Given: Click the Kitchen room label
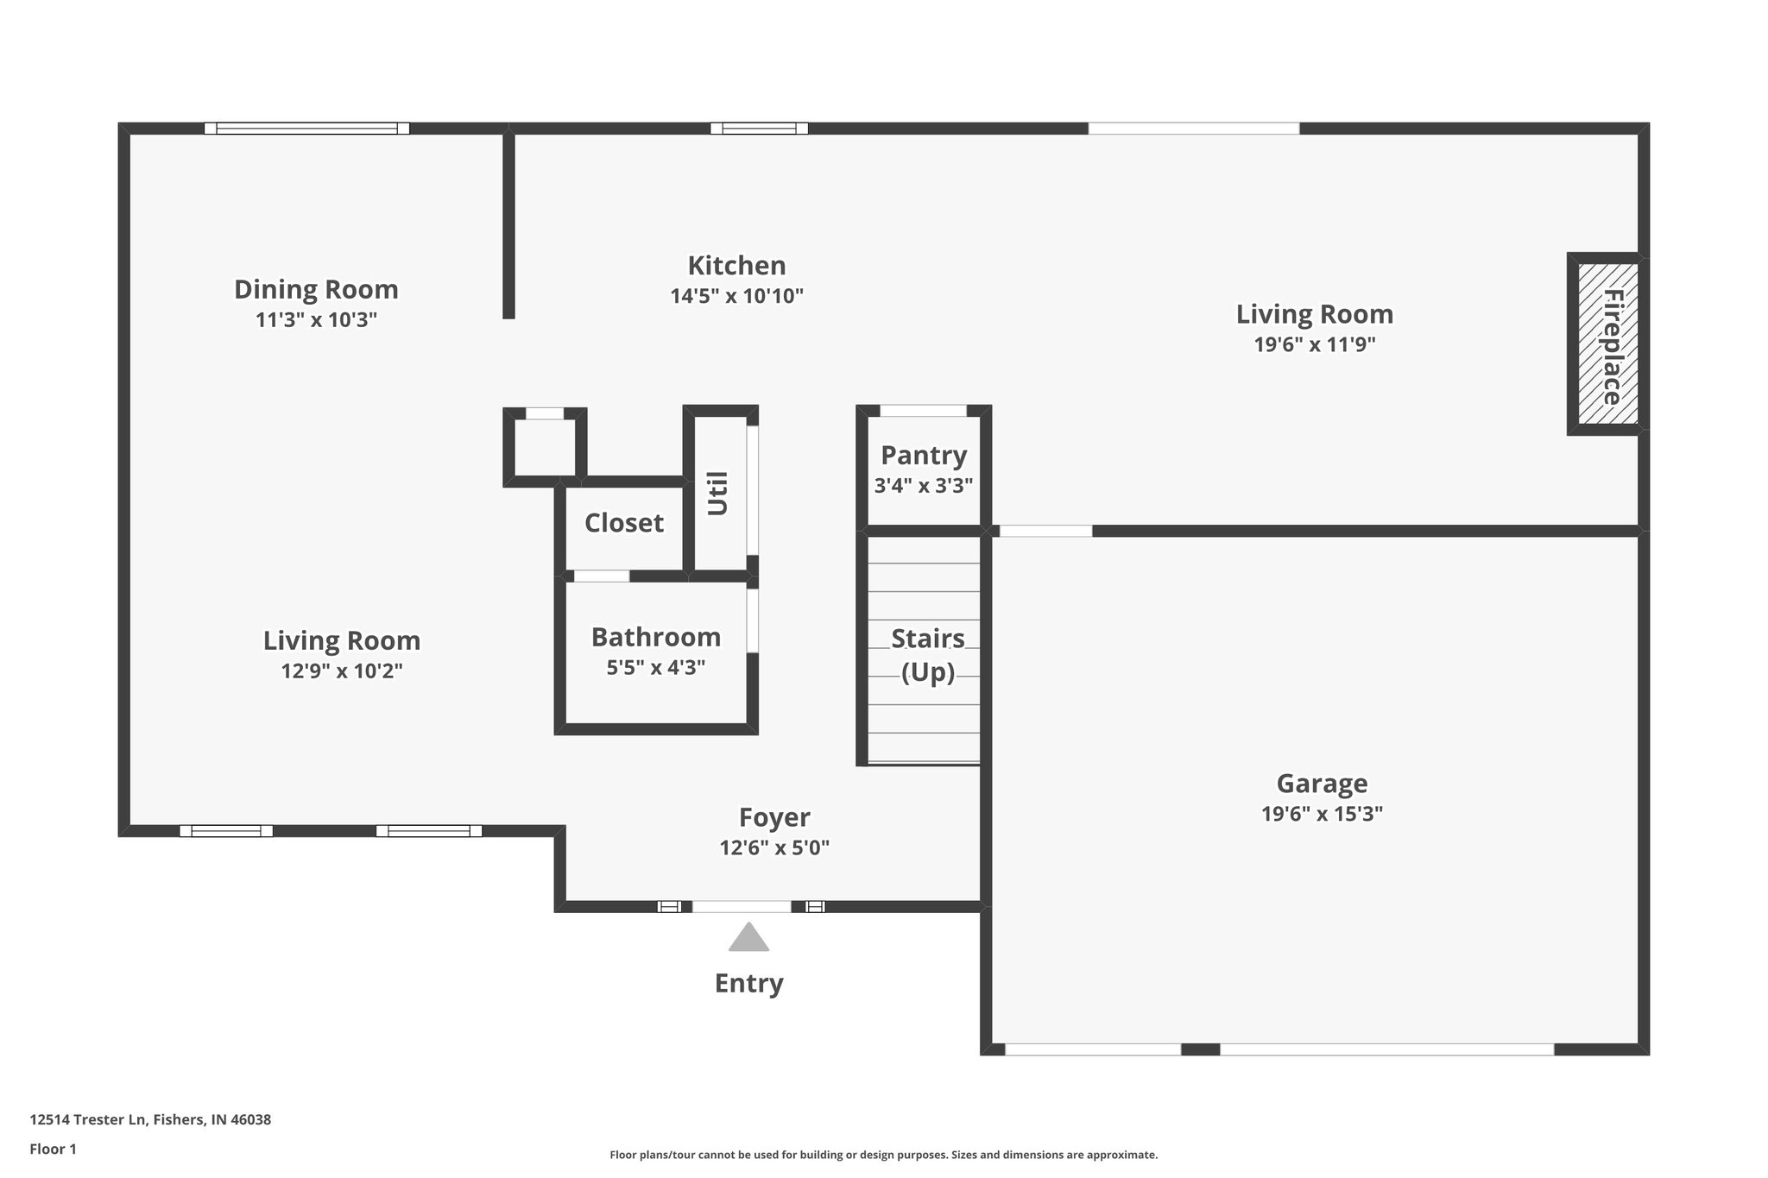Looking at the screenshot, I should [x=736, y=265].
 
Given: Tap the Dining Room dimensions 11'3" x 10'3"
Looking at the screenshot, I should [x=316, y=320].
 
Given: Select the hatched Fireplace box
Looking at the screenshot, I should [x=1607, y=344].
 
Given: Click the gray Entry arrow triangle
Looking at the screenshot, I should [x=748, y=938].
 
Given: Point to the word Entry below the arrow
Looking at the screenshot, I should [x=748, y=983].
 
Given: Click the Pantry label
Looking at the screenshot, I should [x=923, y=455].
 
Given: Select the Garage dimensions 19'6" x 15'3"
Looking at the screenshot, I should [x=1322, y=814].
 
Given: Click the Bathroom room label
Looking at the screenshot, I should [x=655, y=637].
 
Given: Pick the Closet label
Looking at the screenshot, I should [x=623, y=523].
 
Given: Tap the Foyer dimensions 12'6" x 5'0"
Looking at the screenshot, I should [x=774, y=848].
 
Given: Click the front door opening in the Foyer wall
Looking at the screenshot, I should [x=742, y=906].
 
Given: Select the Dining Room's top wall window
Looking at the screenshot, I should [x=306, y=129].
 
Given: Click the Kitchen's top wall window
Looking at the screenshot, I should [x=759, y=129].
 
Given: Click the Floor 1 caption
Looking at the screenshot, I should [x=53, y=1150].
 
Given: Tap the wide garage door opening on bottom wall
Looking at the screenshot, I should [x=1386, y=1049].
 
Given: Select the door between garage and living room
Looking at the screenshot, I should [x=1045, y=531].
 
